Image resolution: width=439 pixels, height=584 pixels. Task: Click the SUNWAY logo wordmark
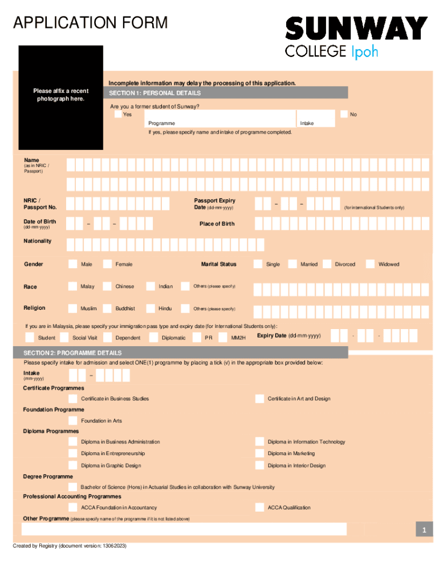coord(356,28)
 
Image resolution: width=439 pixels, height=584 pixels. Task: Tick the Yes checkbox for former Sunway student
coord(117,114)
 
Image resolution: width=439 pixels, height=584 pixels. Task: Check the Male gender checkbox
coord(72,264)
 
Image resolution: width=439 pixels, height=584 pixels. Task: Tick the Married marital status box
coord(292,264)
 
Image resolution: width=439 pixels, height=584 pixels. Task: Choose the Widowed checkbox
coord(370,264)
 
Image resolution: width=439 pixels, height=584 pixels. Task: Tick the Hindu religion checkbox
coord(151,309)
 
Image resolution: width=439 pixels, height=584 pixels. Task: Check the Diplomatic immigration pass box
coord(153,338)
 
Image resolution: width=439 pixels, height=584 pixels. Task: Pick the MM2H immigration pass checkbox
coord(223,338)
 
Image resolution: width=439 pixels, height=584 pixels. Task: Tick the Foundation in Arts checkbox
coord(72,420)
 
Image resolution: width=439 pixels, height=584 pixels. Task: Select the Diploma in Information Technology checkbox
coord(259,441)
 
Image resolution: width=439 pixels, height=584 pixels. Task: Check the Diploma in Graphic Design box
coord(72,465)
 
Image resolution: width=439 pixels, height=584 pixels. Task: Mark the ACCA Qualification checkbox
coord(259,507)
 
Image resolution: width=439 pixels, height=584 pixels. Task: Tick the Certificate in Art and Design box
coord(259,399)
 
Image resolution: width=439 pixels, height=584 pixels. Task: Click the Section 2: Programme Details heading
coord(72,353)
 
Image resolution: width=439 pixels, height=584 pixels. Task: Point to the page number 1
coord(424,531)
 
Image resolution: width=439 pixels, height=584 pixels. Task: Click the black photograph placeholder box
coord(61,97)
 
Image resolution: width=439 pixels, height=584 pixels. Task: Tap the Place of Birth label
coord(217,224)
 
